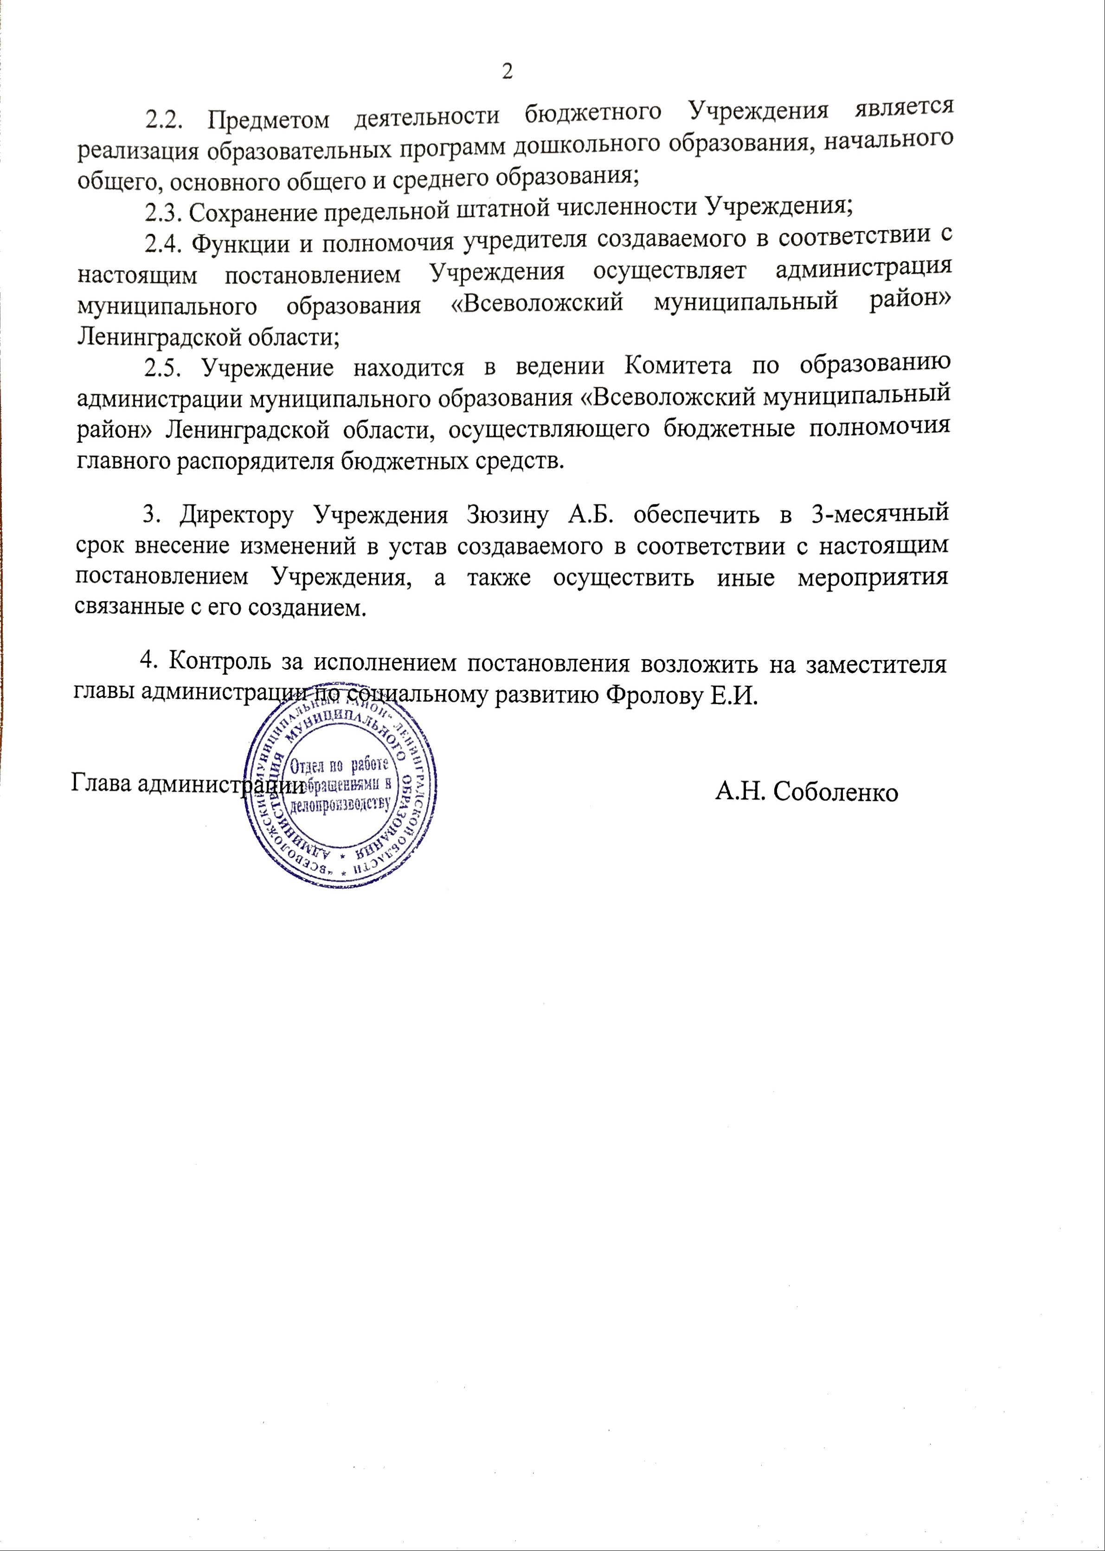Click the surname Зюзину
tap(507, 515)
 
